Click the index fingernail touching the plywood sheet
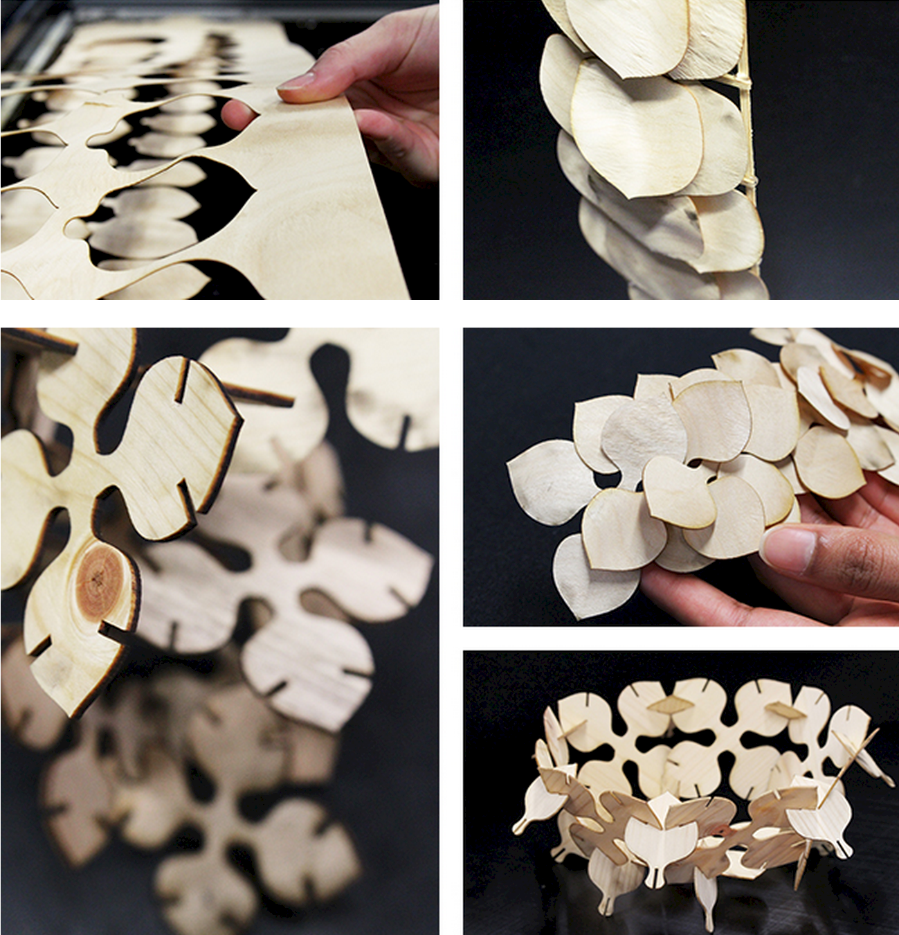point(297,81)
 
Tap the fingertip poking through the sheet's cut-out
point(235,114)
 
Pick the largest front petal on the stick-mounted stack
point(633,128)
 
